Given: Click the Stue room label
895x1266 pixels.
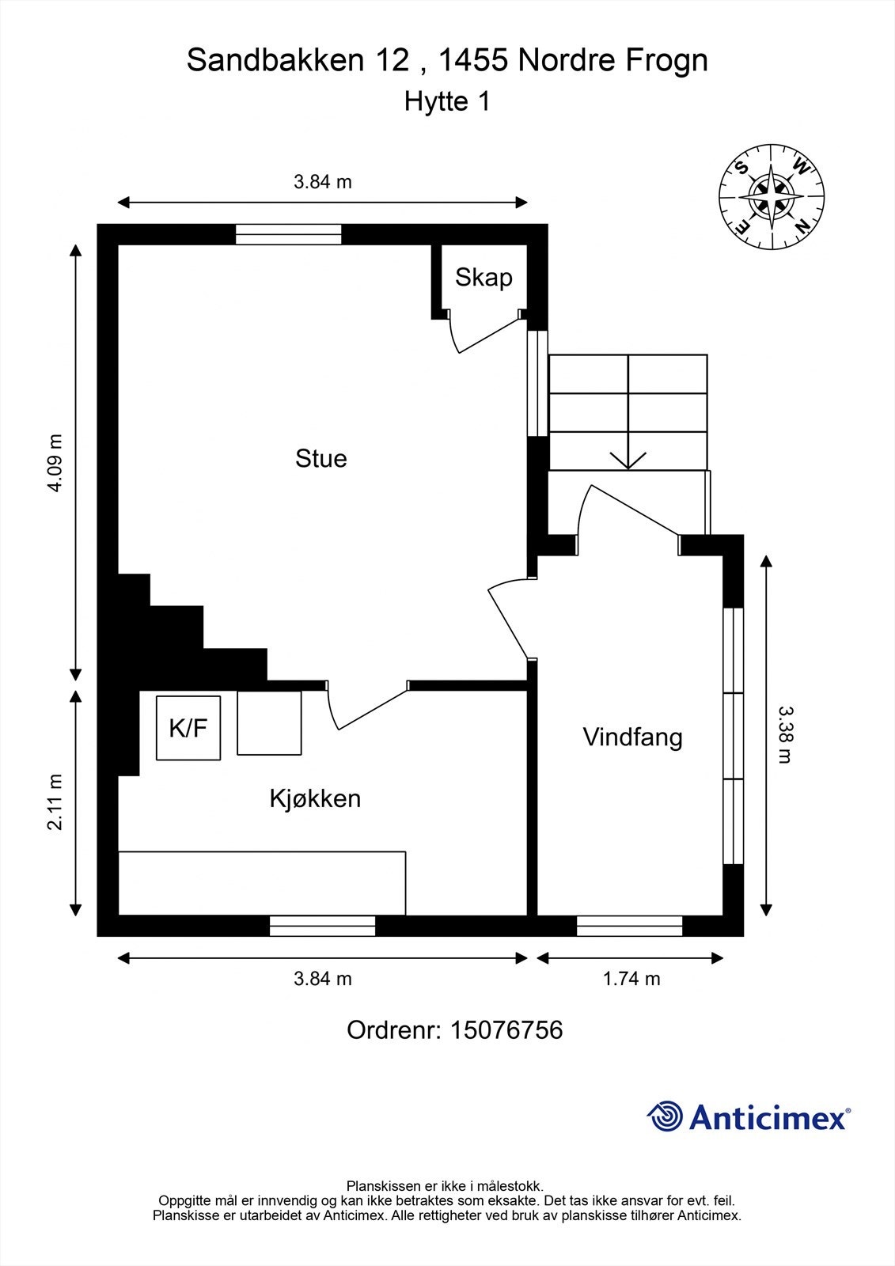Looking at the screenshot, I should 320,459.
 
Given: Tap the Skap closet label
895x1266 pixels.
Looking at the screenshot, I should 484,278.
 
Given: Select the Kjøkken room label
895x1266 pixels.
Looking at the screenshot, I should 315,798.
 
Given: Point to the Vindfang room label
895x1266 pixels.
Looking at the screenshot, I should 632,737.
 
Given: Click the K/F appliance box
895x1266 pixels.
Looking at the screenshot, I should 188,728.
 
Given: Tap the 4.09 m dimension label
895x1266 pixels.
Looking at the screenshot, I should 55,463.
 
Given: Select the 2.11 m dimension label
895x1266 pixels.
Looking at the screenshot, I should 55,802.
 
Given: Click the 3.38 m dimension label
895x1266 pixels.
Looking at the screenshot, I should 785,734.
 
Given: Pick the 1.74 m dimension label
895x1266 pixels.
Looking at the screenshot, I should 631,979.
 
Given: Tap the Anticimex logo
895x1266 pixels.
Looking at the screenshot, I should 748,1117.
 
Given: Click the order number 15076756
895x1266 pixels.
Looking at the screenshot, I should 506,1030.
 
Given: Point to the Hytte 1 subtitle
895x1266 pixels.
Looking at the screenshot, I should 447,102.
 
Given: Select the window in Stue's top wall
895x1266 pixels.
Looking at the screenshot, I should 289,234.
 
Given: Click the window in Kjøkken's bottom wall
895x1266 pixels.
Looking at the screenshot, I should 322,926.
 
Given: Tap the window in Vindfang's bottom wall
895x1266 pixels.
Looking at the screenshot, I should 629,926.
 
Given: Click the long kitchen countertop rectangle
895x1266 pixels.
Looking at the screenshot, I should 262,883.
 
